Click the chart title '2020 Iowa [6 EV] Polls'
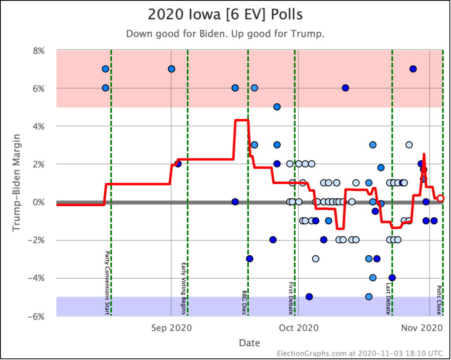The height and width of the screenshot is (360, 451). (225, 15)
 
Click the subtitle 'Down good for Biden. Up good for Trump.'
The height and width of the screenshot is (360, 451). (225, 34)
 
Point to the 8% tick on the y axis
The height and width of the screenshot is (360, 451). (39, 51)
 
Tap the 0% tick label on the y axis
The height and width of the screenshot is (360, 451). (39, 202)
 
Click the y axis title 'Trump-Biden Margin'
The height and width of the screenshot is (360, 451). (16, 183)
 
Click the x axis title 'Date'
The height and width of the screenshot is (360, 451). (249, 343)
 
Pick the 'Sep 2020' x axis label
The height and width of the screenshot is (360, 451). (171, 328)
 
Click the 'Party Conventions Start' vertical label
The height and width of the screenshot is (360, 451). (106, 283)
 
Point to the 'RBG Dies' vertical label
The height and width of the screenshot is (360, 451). (244, 302)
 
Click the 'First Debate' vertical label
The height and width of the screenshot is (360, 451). (291, 298)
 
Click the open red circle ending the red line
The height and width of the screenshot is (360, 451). (440, 198)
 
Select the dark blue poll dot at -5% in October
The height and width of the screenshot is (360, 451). (309, 297)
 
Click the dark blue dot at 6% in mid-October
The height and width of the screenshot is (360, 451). (345, 88)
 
